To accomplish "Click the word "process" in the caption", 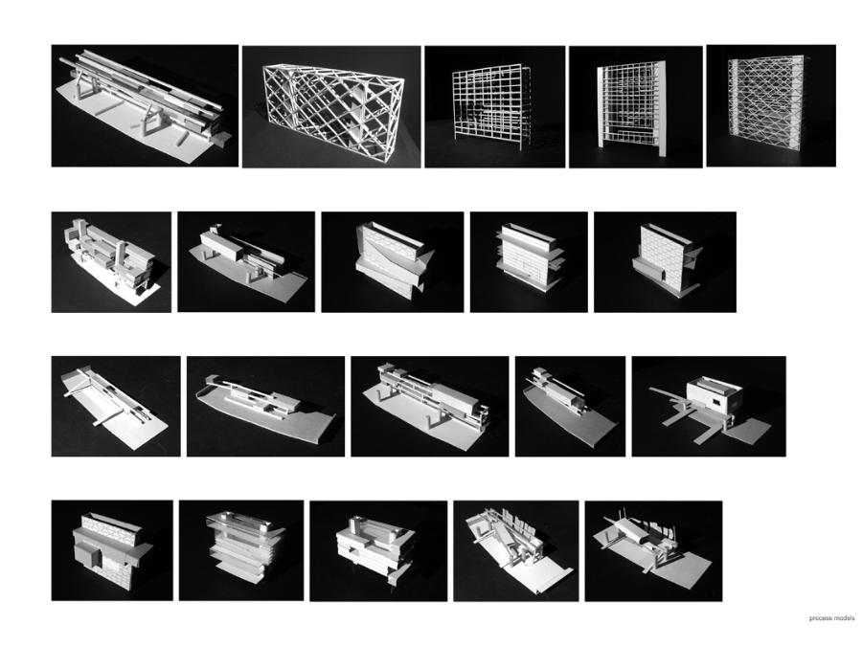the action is coord(819,618).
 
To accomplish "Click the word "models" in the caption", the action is coord(843,618).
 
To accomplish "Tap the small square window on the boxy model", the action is coord(715,404).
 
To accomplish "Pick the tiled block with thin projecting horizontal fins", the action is coord(530,256).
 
